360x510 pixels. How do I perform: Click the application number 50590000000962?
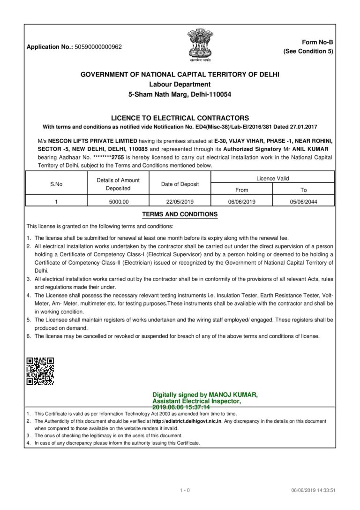98,47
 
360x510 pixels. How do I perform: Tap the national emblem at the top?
200,44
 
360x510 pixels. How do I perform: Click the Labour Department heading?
180,84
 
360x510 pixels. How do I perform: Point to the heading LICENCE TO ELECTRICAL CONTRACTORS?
180,118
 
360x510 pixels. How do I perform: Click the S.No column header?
56,184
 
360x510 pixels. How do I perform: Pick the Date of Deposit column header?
180,184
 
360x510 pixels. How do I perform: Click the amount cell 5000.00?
118,201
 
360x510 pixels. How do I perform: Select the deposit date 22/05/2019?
180,201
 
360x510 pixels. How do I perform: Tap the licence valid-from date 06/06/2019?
241,201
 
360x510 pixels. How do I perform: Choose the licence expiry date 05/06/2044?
303,201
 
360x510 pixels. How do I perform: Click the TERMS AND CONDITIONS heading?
180,214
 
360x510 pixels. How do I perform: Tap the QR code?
40,371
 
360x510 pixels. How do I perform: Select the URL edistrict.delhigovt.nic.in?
189,421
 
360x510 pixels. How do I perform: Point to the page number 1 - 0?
185,491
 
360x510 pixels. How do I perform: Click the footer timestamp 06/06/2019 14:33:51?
314,491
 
